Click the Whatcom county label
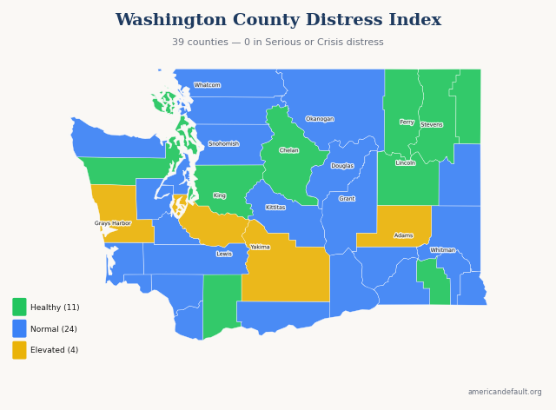(x=207, y=85)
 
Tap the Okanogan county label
(x=320, y=119)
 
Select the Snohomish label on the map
(x=223, y=143)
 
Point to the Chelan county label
(x=289, y=150)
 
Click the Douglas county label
(x=342, y=166)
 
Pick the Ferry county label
(x=407, y=122)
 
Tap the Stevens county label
(x=432, y=125)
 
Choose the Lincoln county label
(x=406, y=163)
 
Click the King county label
(x=220, y=195)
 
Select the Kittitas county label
(x=275, y=208)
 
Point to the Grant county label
(x=347, y=199)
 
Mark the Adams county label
(x=404, y=235)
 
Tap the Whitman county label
(x=443, y=250)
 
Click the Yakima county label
(x=260, y=247)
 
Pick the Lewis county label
(x=224, y=254)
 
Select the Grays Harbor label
(x=113, y=223)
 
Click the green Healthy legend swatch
(x=19, y=307)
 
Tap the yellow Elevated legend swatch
(x=19, y=350)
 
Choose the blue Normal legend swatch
(x=19, y=328)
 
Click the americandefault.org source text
(x=504, y=392)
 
